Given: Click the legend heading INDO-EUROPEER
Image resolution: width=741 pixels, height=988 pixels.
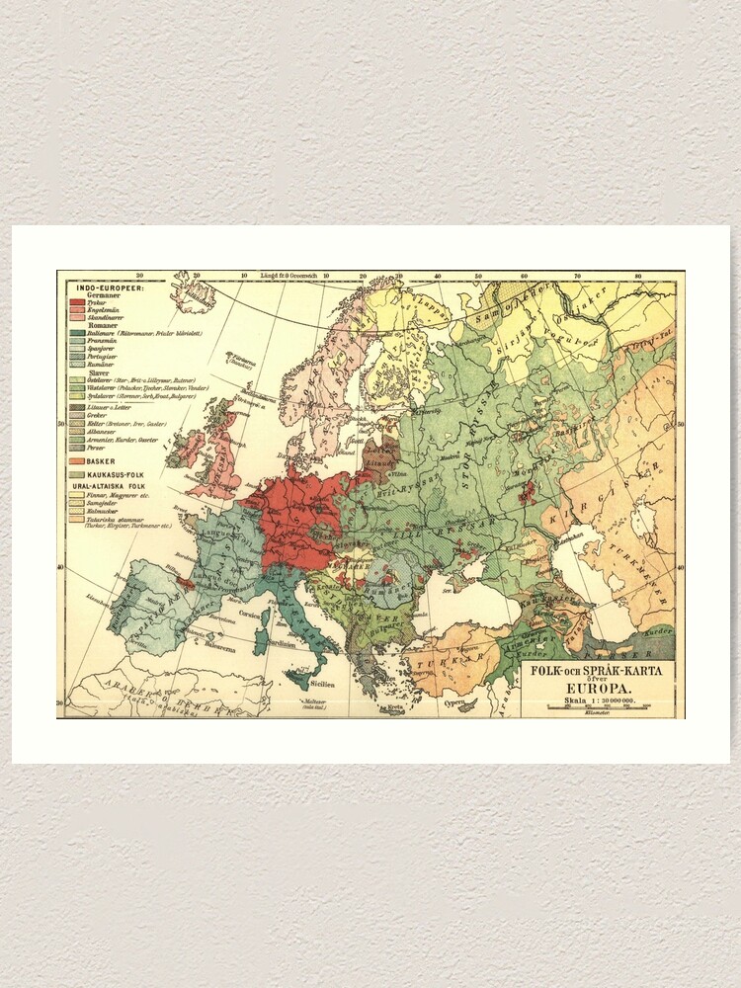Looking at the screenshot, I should coord(106,288).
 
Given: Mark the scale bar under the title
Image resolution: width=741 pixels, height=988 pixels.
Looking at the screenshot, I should coord(599,706).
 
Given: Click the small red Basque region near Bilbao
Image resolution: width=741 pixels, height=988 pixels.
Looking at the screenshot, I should coord(185,584).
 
